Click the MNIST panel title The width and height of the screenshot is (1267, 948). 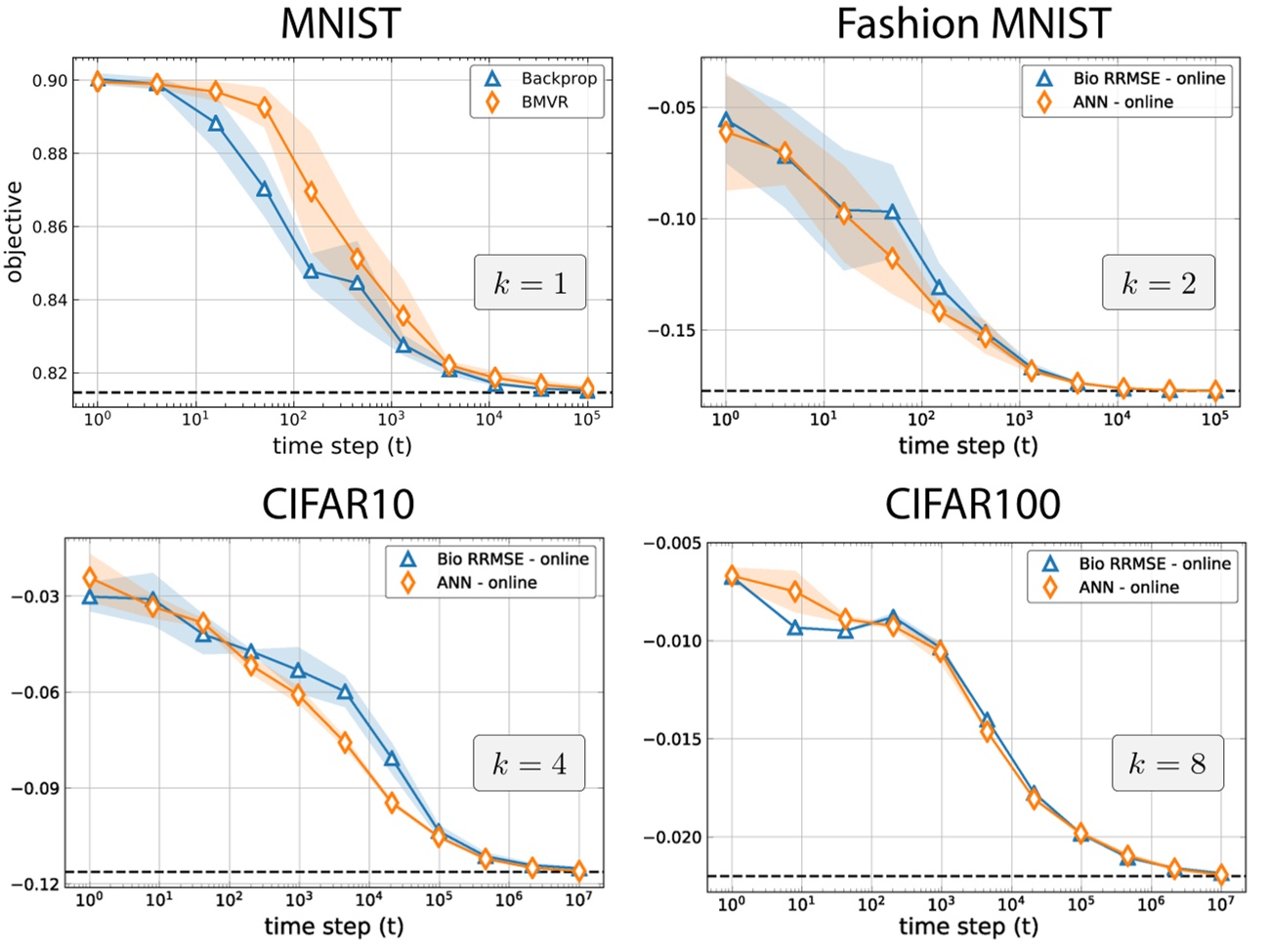[340, 24]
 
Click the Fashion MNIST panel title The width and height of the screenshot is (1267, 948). [974, 24]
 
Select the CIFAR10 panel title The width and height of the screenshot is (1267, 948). [338, 505]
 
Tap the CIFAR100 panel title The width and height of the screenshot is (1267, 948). [972, 505]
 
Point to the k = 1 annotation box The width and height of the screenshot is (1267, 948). [529, 283]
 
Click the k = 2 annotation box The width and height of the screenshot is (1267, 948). [1159, 283]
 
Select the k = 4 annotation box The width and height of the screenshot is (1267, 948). [529, 763]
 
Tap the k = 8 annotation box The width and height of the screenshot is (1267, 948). [1166, 763]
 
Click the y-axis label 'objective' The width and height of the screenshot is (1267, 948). [14, 231]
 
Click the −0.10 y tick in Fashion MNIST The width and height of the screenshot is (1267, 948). [671, 219]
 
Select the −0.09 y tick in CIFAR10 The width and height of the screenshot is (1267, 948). [35, 789]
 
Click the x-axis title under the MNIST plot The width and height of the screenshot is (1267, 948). [342, 446]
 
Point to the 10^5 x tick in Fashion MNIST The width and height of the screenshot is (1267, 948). [1214, 419]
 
